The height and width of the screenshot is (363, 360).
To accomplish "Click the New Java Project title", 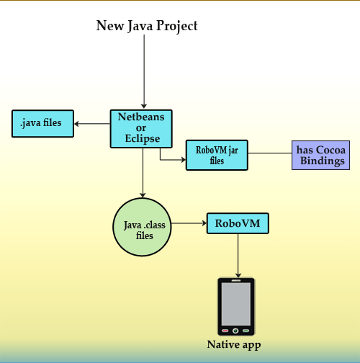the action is [147, 26].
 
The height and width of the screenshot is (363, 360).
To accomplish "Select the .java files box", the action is [42, 124].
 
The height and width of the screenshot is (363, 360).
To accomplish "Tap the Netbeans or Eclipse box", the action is [141, 129].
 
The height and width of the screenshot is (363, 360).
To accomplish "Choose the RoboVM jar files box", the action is [217, 155].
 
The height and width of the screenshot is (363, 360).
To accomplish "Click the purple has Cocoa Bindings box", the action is [320, 156].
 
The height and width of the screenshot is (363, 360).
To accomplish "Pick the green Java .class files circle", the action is [142, 227].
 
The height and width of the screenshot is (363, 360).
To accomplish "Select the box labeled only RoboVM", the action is [238, 223].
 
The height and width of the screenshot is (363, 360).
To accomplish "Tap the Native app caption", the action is [234, 345].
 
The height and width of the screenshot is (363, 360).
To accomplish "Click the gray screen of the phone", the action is [236, 304].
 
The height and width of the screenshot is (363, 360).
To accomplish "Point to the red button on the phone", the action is [225, 331].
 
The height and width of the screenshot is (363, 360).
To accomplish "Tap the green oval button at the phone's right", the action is [246, 331].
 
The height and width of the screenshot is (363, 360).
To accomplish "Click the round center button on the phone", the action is [235, 331].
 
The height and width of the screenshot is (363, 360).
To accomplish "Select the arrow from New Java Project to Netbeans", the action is [144, 71].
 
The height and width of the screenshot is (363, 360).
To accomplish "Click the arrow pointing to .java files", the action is [92, 124].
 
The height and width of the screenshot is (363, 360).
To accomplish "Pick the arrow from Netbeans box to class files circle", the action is [143, 173].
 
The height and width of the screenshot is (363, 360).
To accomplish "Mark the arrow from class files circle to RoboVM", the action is [189, 223].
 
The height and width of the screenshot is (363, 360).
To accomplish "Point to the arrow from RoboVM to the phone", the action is [238, 256].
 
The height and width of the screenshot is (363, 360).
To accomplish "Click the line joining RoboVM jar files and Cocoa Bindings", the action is [270, 153].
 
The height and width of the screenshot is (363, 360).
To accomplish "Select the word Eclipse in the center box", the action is [143, 139].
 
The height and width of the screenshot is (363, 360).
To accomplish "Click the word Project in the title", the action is [177, 26].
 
